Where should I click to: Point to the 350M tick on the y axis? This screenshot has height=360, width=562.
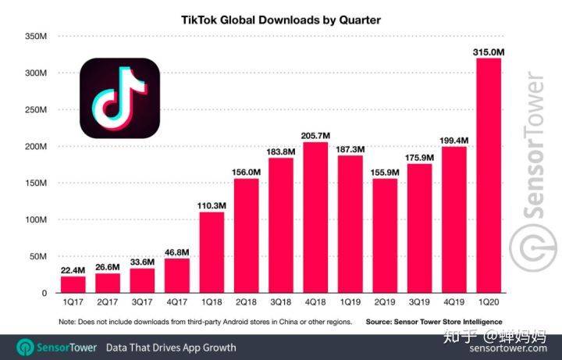(37, 37)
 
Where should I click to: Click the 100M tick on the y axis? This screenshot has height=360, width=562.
(37, 219)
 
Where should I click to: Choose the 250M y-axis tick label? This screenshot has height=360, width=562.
(37, 110)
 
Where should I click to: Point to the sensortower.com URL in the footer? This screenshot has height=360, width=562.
(511, 348)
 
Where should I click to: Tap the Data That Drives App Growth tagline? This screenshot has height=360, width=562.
(171, 347)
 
